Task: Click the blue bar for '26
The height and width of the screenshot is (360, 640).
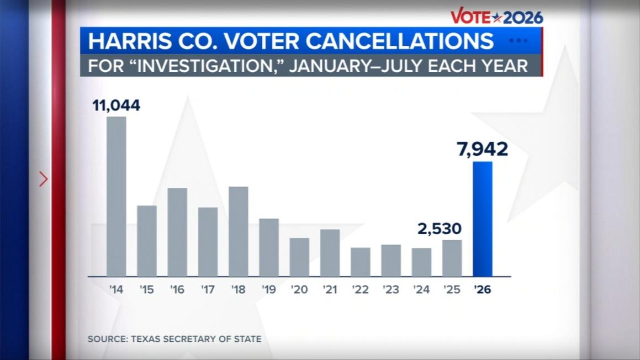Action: (x=483, y=219)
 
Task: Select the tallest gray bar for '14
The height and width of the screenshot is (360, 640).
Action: (x=117, y=197)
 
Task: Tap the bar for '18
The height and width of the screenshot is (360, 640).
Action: (x=239, y=231)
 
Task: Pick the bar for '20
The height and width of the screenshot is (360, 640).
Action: (x=299, y=257)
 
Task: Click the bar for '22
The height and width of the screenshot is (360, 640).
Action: (x=361, y=262)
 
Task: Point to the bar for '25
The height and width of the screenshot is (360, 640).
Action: (x=452, y=258)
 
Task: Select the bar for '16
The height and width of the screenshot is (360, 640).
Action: (x=177, y=232)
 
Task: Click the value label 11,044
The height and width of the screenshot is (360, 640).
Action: (x=117, y=105)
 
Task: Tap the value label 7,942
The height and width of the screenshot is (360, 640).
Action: (x=483, y=149)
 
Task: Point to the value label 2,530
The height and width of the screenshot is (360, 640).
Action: (x=440, y=229)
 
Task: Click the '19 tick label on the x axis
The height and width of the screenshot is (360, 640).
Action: (x=269, y=289)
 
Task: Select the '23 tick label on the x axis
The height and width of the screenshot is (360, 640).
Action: (x=390, y=289)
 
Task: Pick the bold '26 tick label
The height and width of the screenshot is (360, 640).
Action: (x=483, y=289)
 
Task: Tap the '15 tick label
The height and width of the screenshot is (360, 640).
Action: (x=146, y=289)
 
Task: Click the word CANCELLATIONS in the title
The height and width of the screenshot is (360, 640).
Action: (x=399, y=41)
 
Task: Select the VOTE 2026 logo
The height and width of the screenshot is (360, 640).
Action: (x=497, y=17)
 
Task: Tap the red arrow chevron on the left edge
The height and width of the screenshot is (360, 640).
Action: (x=43, y=179)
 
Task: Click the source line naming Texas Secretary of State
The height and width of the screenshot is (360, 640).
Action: (x=174, y=339)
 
